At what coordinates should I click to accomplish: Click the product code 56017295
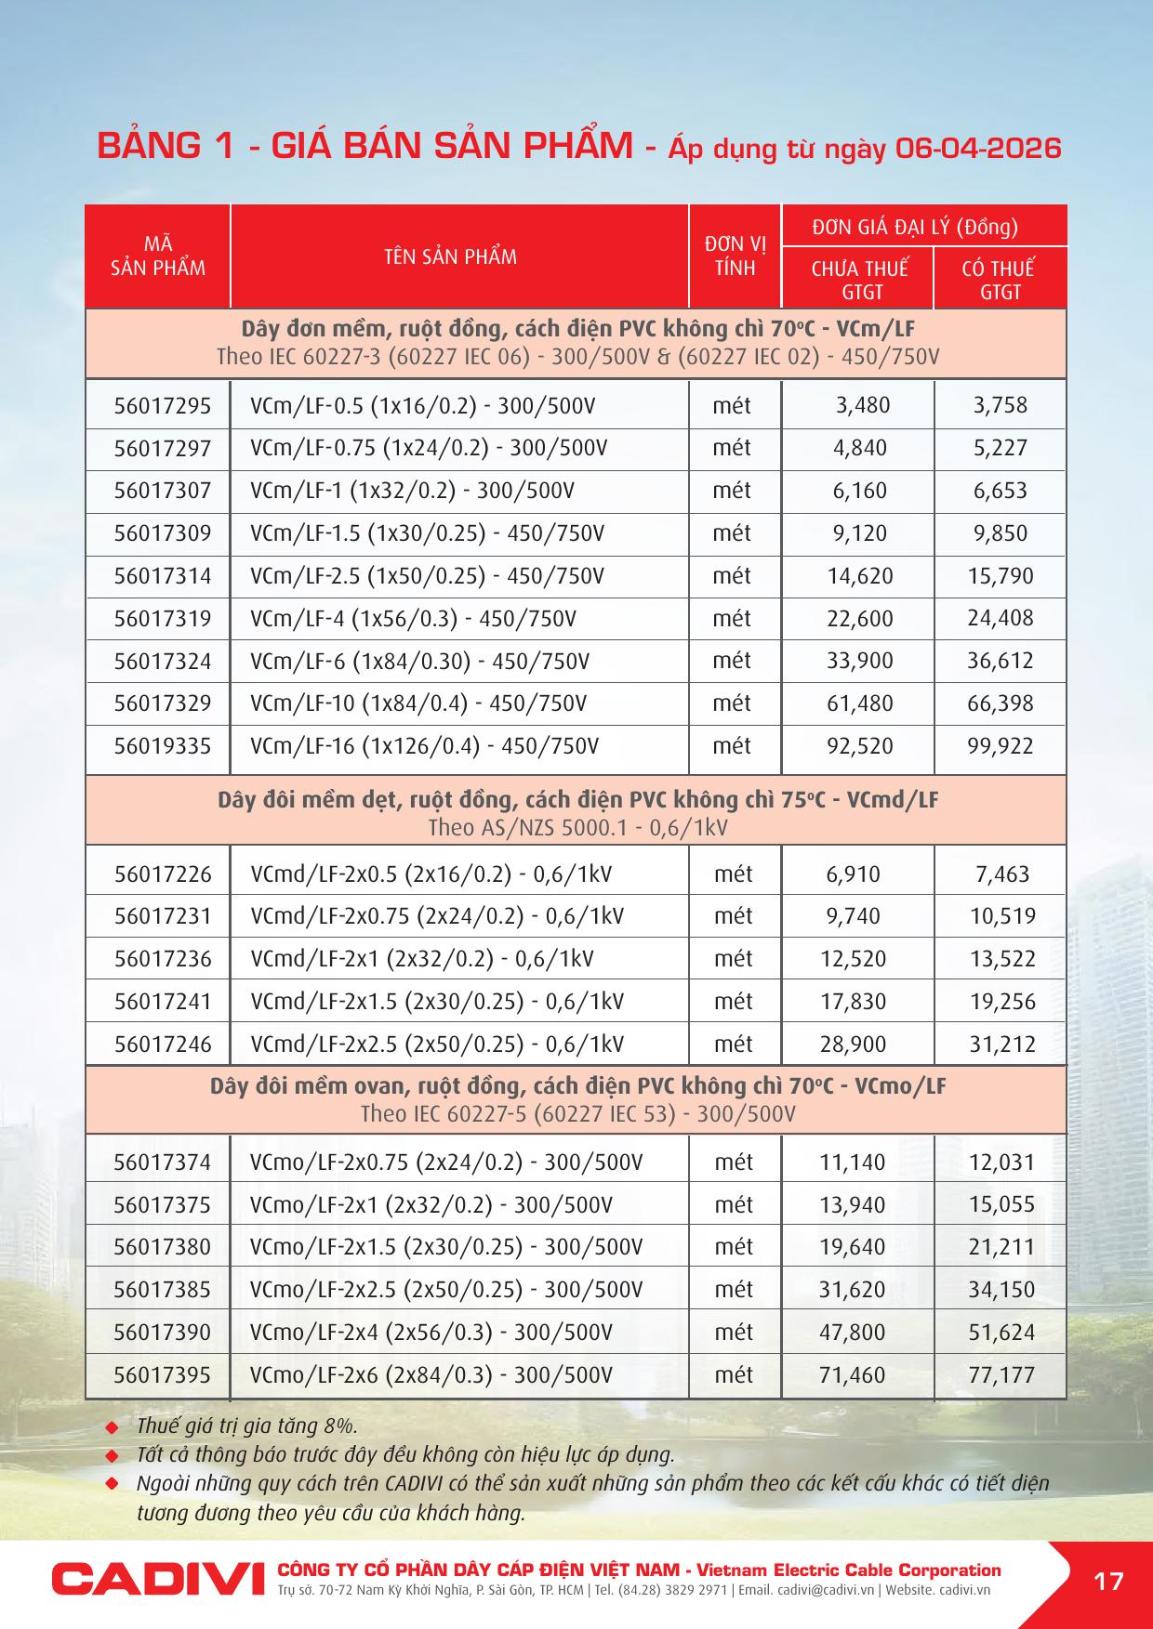coord(163,406)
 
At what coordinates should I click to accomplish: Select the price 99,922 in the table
coord(1001,746)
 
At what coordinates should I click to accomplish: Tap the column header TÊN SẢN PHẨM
coord(451,257)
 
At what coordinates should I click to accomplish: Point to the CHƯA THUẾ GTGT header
coord(859,280)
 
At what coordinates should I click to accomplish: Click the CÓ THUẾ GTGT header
coord(999,280)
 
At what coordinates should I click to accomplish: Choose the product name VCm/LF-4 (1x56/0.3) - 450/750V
coord(413,619)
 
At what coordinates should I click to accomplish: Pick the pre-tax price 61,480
coord(859,703)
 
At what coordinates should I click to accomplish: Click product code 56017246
coord(163,1044)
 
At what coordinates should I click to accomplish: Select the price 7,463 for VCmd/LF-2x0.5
coord(1002,874)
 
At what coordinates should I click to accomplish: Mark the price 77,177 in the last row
coord(1001,1375)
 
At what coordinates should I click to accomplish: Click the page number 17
coord(1108,1581)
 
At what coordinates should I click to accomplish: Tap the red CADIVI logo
coord(151,1580)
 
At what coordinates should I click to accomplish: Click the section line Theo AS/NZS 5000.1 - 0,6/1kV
coord(577,828)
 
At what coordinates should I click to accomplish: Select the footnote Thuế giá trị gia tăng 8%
coord(246,1426)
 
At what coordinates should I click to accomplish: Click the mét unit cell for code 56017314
coord(732,576)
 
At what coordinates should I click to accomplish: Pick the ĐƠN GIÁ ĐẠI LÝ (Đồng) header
coord(915,227)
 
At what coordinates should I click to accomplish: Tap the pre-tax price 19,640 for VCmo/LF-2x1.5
coord(853,1247)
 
